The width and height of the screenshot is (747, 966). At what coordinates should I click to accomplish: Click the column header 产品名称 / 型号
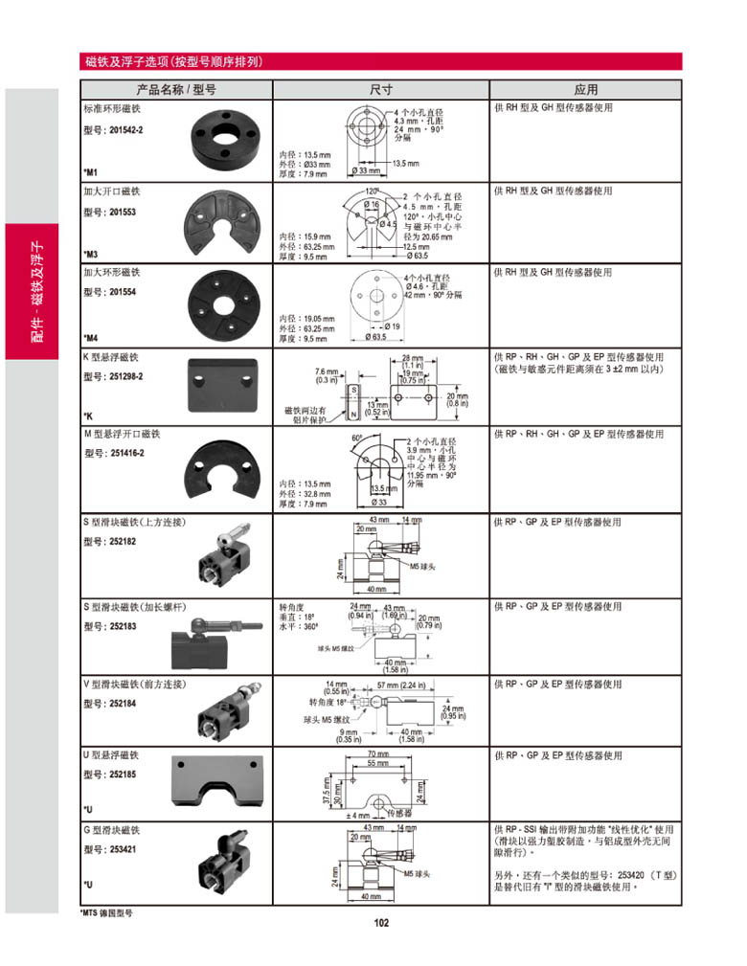pos(177,90)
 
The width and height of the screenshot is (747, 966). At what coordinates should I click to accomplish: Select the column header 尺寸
pos(381,90)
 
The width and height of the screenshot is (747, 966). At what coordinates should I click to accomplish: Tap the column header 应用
pos(586,90)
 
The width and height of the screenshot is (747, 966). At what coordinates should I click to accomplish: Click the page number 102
pos(381,923)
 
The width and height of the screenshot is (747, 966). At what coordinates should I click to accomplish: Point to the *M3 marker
pos(91,255)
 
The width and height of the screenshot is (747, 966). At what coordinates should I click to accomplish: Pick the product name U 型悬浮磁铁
pos(111,755)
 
